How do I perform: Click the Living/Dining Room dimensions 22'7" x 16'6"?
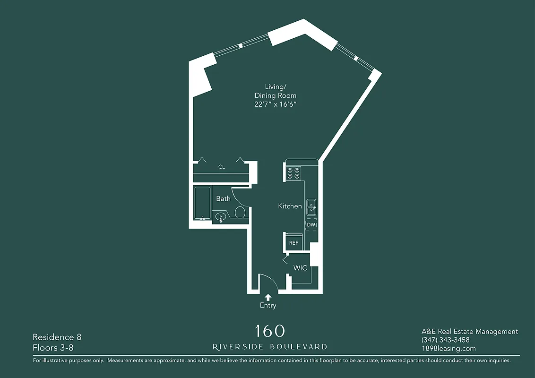coord(276,104)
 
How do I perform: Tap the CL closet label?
coord(221,167)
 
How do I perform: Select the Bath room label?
coord(223,198)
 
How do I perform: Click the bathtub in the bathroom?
coord(202,203)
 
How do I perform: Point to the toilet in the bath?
coord(240,213)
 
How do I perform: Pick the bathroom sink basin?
coord(220,217)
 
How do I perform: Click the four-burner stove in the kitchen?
coord(293,173)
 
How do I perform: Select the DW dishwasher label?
coord(311,225)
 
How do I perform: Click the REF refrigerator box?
coord(293,243)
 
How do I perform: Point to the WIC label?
coord(300,268)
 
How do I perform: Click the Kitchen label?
coord(290,206)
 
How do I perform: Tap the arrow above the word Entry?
coord(268,297)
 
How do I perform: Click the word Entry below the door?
coord(268,306)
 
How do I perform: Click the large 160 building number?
coord(270,331)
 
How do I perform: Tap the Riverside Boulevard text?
coord(270,347)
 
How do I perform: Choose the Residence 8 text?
coord(57,337)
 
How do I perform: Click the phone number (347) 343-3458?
coord(445,340)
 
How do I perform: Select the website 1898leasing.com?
coord(449,349)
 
